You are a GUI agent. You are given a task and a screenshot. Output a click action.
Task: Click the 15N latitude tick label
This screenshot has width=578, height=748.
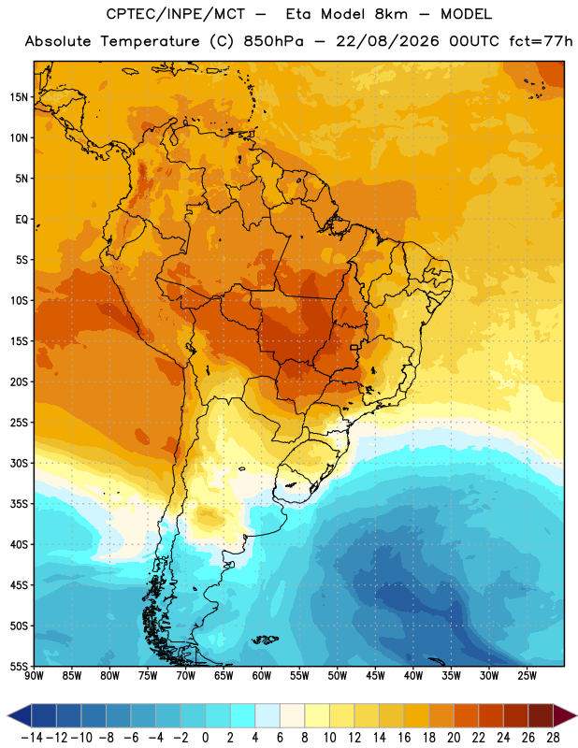tap(19, 97)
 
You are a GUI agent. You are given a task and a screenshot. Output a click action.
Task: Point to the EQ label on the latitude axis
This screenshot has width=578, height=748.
tap(22, 220)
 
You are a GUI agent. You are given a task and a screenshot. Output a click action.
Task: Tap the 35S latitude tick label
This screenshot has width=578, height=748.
tap(19, 504)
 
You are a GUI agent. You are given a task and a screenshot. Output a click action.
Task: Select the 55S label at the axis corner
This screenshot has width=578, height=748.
tap(19, 666)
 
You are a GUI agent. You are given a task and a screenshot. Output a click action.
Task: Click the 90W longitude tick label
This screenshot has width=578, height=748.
tap(34, 676)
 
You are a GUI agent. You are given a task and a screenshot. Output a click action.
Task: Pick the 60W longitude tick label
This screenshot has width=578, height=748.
tap(262, 676)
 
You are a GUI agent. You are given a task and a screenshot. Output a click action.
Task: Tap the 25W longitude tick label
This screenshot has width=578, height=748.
tap(527, 676)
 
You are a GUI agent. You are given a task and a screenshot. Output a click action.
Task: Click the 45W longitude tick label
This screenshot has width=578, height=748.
tap(375, 676)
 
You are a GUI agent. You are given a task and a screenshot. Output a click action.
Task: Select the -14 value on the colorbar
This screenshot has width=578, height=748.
tap(33, 738)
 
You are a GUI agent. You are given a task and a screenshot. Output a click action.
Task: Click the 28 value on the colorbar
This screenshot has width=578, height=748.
tap(553, 738)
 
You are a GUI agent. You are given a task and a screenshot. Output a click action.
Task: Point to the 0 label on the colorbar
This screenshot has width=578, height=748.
tap(205, 738)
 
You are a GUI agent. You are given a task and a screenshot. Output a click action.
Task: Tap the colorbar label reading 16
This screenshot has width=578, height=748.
tap(404, 738)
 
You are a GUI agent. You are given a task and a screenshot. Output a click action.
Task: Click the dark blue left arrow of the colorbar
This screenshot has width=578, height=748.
tap(20, 715)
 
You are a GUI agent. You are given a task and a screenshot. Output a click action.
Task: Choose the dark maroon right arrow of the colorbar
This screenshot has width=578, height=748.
tap(565, 715)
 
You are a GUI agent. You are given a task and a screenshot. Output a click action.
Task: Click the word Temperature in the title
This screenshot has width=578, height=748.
tap(150, 41)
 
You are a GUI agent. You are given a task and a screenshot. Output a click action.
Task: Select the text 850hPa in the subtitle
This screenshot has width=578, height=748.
tap(273, 41)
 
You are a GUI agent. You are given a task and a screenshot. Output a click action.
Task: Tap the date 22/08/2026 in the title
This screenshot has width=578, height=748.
tap(387, 41)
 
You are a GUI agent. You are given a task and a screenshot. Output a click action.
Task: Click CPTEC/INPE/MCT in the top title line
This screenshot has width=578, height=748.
tap(176, 14)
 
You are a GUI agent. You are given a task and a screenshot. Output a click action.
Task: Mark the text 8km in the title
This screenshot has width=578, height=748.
tap(391, 14)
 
